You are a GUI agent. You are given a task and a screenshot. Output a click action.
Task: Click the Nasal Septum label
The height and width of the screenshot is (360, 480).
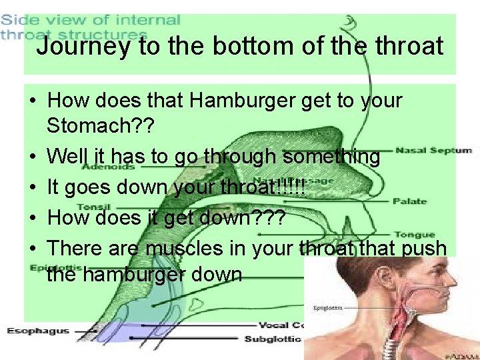pos(433,151)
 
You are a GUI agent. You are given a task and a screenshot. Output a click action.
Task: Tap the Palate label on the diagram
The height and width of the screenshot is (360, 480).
pos(409,201)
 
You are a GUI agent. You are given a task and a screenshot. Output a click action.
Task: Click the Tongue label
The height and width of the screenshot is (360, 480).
pos(414,234)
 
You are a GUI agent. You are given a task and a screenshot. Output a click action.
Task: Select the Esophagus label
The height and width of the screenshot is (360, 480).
pos(39,331)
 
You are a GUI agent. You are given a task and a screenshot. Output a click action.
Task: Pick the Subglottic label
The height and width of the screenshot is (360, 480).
pos(274,339)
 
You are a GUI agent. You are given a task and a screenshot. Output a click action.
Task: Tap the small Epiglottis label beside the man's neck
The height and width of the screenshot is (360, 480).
pos(328,308)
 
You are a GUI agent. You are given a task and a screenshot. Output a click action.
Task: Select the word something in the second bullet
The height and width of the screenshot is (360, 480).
pos(331,157)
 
